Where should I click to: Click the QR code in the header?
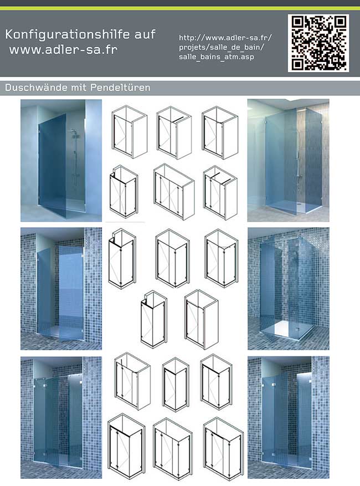pyautogui.click(x=318, y=43)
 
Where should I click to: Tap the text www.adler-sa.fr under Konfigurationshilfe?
pyautogui.click(x=64, y=49)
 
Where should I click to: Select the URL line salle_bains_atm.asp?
pyautogui.click(x=216, y=57)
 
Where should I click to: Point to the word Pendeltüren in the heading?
pyautogui.click(x=120, y=88)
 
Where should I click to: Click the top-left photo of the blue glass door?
pyautogui.click(x=61, y=161)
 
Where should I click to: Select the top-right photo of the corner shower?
pyautogui.click(x=288, y=160)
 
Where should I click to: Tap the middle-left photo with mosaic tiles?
pyautogui.click(x=61, y=289)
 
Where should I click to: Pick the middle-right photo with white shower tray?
pyautogui.click(x=289, y=289)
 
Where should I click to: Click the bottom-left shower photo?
pyautogui.click(x=61, y=417)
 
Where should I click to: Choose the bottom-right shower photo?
pyautogui.click(x=289, y=417)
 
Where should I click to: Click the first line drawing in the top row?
pyautogui.click(x=129, y=132)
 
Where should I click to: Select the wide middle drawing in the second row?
pyautogui.click(x=174, y=192)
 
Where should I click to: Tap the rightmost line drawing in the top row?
pyautogui.click(x=220, y=132)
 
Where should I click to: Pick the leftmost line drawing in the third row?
pyautogui.click(x=122, y=259)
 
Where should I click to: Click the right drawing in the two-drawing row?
pyautogui.click(x=202, y=320)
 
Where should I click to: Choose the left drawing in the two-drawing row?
pyautogui.click(x=153, y=319)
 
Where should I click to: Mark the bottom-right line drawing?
pyautogui.click(x=223, y=449)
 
